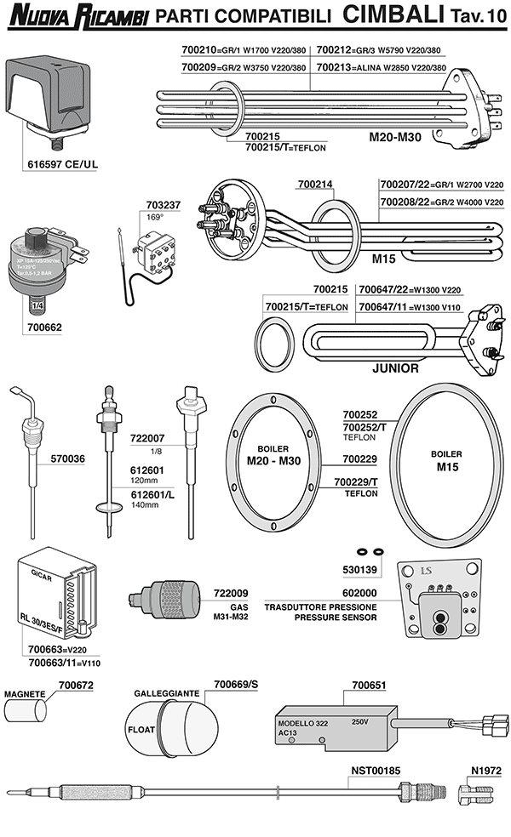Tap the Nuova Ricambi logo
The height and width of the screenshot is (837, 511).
(78, 15)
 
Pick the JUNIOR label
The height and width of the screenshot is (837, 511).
(396, 369)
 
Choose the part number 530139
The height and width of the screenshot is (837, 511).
(359, 567)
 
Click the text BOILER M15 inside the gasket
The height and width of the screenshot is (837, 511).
(446, 460)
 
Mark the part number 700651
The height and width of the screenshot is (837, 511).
(370, 684)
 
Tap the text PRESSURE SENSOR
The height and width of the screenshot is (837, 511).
(336, 618)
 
